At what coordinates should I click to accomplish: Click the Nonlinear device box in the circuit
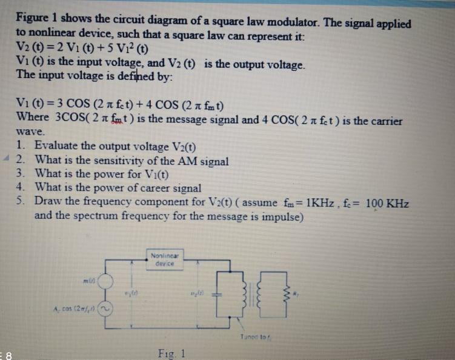(164, 259)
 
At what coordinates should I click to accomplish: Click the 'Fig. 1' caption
(171, 353)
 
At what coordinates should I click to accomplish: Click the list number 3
(21, 174)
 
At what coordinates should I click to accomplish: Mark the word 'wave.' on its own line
(30, 132)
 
